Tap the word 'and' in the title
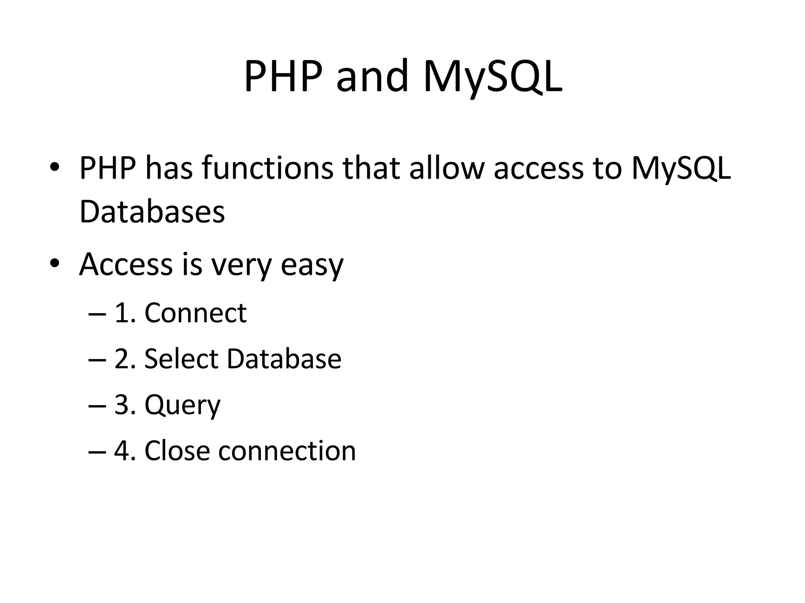372,77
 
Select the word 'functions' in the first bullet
267,168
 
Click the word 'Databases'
152,212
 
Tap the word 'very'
241,265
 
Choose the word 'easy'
312,265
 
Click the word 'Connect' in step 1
195,313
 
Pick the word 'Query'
182,405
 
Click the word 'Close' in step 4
177,451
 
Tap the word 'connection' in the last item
287,451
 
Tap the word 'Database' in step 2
284,359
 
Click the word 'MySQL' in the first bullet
681,168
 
